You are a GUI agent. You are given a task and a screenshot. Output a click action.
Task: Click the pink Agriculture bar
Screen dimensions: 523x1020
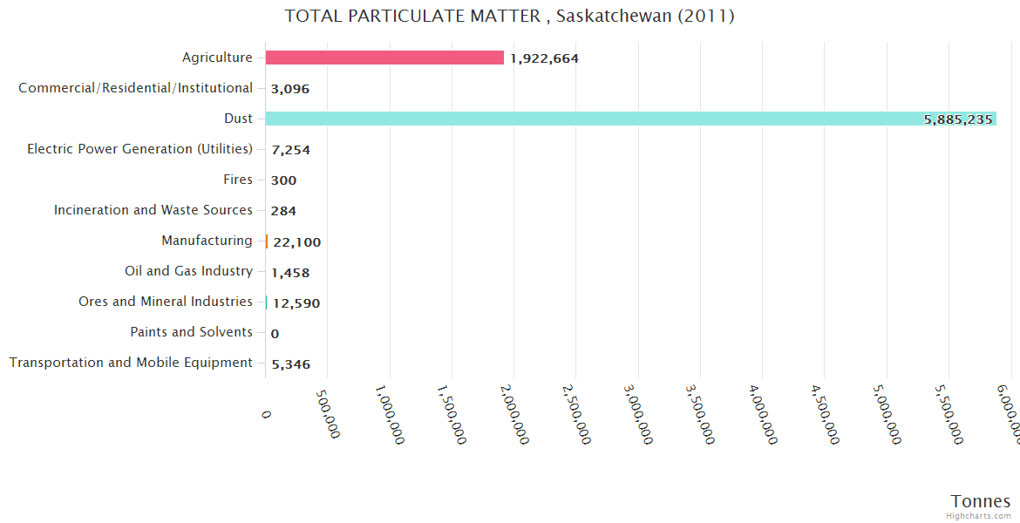click(384, 58)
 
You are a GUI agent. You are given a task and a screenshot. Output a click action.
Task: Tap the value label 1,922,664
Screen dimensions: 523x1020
click(545, 58)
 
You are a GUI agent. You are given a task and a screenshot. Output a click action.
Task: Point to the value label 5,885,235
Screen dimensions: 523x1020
click(958, 119)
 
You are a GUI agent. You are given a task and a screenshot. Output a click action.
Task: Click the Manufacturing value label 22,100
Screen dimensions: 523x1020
click(297, 242)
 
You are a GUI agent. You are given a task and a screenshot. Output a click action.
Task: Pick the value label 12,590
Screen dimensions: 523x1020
click(296, 303)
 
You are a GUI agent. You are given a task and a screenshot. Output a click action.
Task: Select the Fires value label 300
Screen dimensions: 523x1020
click(284, 180)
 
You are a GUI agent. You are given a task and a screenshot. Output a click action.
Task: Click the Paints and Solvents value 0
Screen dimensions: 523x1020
click(275, 334)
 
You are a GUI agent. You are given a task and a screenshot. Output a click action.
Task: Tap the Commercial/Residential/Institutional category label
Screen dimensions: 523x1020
click(135, 88)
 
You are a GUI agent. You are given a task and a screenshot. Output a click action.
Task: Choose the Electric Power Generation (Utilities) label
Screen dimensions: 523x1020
click(139, 149)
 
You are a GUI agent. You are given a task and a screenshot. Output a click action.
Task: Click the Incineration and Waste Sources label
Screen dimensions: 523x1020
click(153, 210)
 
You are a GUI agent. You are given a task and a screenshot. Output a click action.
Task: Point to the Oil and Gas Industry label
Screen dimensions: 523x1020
click(188, 271)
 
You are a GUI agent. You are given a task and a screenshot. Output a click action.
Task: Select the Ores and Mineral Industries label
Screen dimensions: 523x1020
click(166, 302)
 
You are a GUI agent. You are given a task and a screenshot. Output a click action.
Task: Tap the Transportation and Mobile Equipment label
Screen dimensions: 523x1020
click(131, 363)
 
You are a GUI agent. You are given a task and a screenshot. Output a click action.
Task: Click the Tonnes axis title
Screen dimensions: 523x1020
click(980, 501)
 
